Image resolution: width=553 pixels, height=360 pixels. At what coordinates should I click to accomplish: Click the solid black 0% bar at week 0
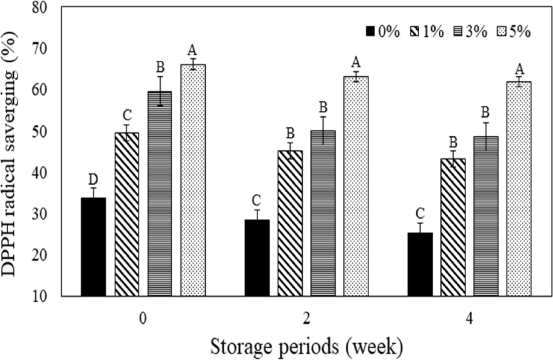tap(94, 247)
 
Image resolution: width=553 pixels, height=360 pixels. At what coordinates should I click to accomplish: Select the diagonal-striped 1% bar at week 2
tap(290, 223)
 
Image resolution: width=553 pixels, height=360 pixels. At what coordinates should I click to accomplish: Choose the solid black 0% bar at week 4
tap(420, 264)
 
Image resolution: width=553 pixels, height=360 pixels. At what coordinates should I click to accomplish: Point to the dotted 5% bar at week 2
tap(356, 186)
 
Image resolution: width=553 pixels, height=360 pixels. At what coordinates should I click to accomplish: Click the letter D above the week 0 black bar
tap(94, 179)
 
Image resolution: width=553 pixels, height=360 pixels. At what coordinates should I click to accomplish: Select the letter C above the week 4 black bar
tap(420, 214)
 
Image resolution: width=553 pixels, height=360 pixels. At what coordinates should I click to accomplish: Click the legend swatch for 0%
tap(371, 32)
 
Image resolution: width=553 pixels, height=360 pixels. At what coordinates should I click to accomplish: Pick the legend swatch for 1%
tap(415, 32)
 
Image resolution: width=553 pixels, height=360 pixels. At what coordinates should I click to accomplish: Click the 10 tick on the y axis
tap(44, 296)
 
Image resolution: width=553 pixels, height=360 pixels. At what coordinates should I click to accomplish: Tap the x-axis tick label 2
tap(306, 318)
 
